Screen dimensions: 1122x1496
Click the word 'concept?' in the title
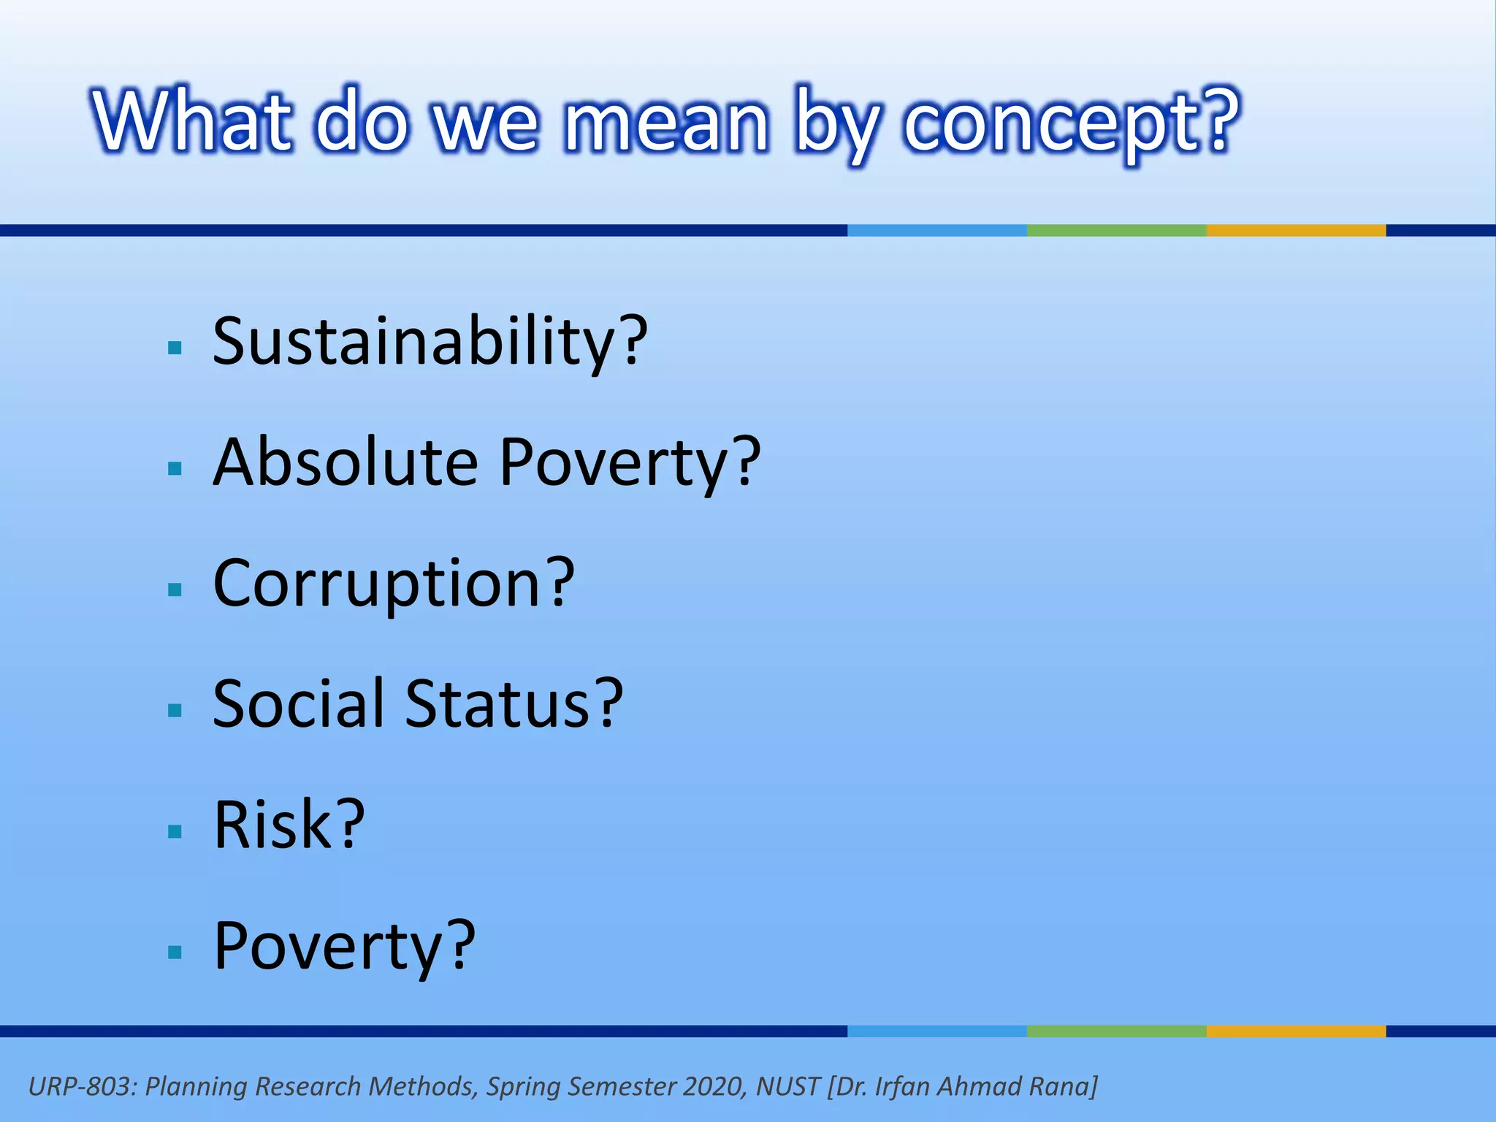tap(1071, 123)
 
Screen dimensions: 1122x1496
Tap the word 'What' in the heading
tap(192, 121)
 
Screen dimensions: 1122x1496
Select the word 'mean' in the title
tap(666, 123)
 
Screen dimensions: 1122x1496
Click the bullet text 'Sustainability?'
tap(430, 342)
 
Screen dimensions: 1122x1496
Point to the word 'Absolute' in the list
tap(346, 462)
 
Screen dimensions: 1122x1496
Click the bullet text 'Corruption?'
tap(394, 584)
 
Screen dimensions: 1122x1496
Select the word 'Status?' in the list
tap(514, 704)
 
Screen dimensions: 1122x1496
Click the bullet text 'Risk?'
tap(289, 825)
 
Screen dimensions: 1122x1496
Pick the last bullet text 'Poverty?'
tap(344, 947)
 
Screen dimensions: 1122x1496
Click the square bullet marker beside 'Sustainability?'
tap(175, 348)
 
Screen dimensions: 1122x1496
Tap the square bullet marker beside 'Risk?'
tap(175, 831)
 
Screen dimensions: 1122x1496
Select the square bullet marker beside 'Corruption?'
tap(175, 589)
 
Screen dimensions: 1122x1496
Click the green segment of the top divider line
tap(1116, 230)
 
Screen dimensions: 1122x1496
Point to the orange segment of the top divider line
tap(1296, 230)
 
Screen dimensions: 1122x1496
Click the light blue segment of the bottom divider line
tap(936, 1031)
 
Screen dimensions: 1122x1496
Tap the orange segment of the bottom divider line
tap(1296, 1031)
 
